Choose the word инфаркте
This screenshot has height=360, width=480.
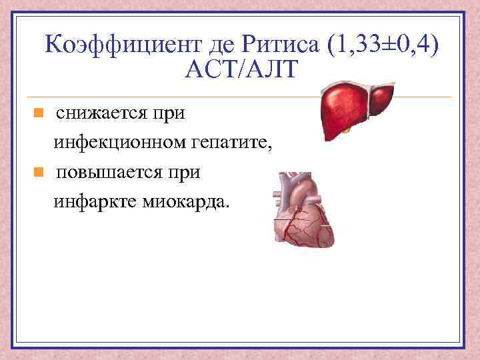point(93,201)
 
